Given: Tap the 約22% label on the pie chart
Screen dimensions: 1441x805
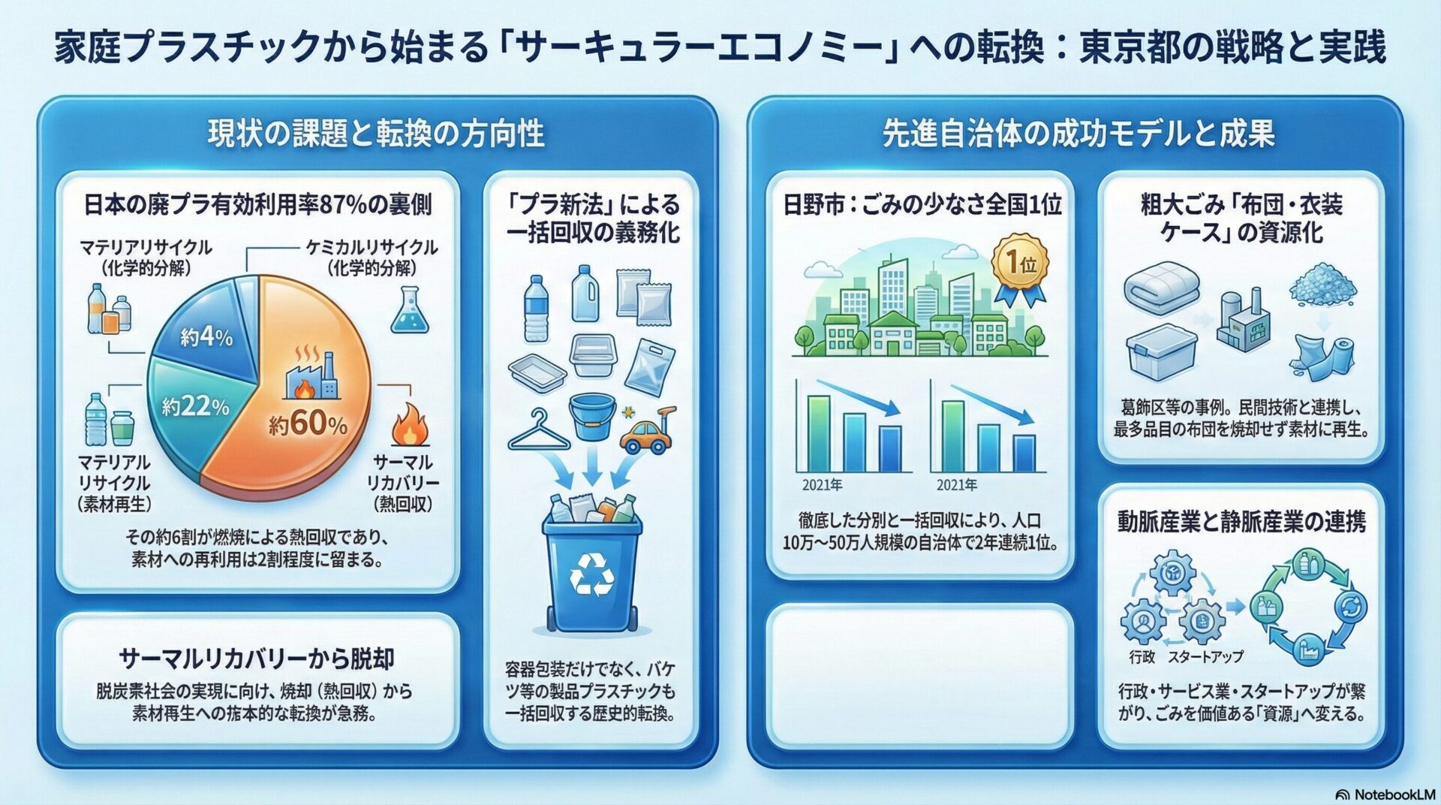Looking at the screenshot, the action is point(195,407).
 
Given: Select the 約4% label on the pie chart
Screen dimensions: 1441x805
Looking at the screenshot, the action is point(206,338).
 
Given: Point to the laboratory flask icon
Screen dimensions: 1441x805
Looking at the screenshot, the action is point(410,309).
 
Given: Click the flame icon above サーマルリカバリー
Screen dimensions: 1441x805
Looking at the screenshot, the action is point(411,424).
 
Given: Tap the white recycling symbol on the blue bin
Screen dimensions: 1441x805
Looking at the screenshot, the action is point(592,574).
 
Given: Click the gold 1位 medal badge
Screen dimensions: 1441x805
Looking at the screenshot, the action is point(1020,270).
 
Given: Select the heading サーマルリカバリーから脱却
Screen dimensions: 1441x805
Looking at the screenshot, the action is point(257,659).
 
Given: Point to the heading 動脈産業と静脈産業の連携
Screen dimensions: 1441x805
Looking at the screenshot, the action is point(1241,521).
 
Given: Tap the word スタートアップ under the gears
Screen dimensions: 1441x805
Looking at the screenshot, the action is point(1205,656).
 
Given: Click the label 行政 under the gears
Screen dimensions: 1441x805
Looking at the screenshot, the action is point(1142,656).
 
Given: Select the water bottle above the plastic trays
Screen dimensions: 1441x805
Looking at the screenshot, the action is point(535,308).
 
